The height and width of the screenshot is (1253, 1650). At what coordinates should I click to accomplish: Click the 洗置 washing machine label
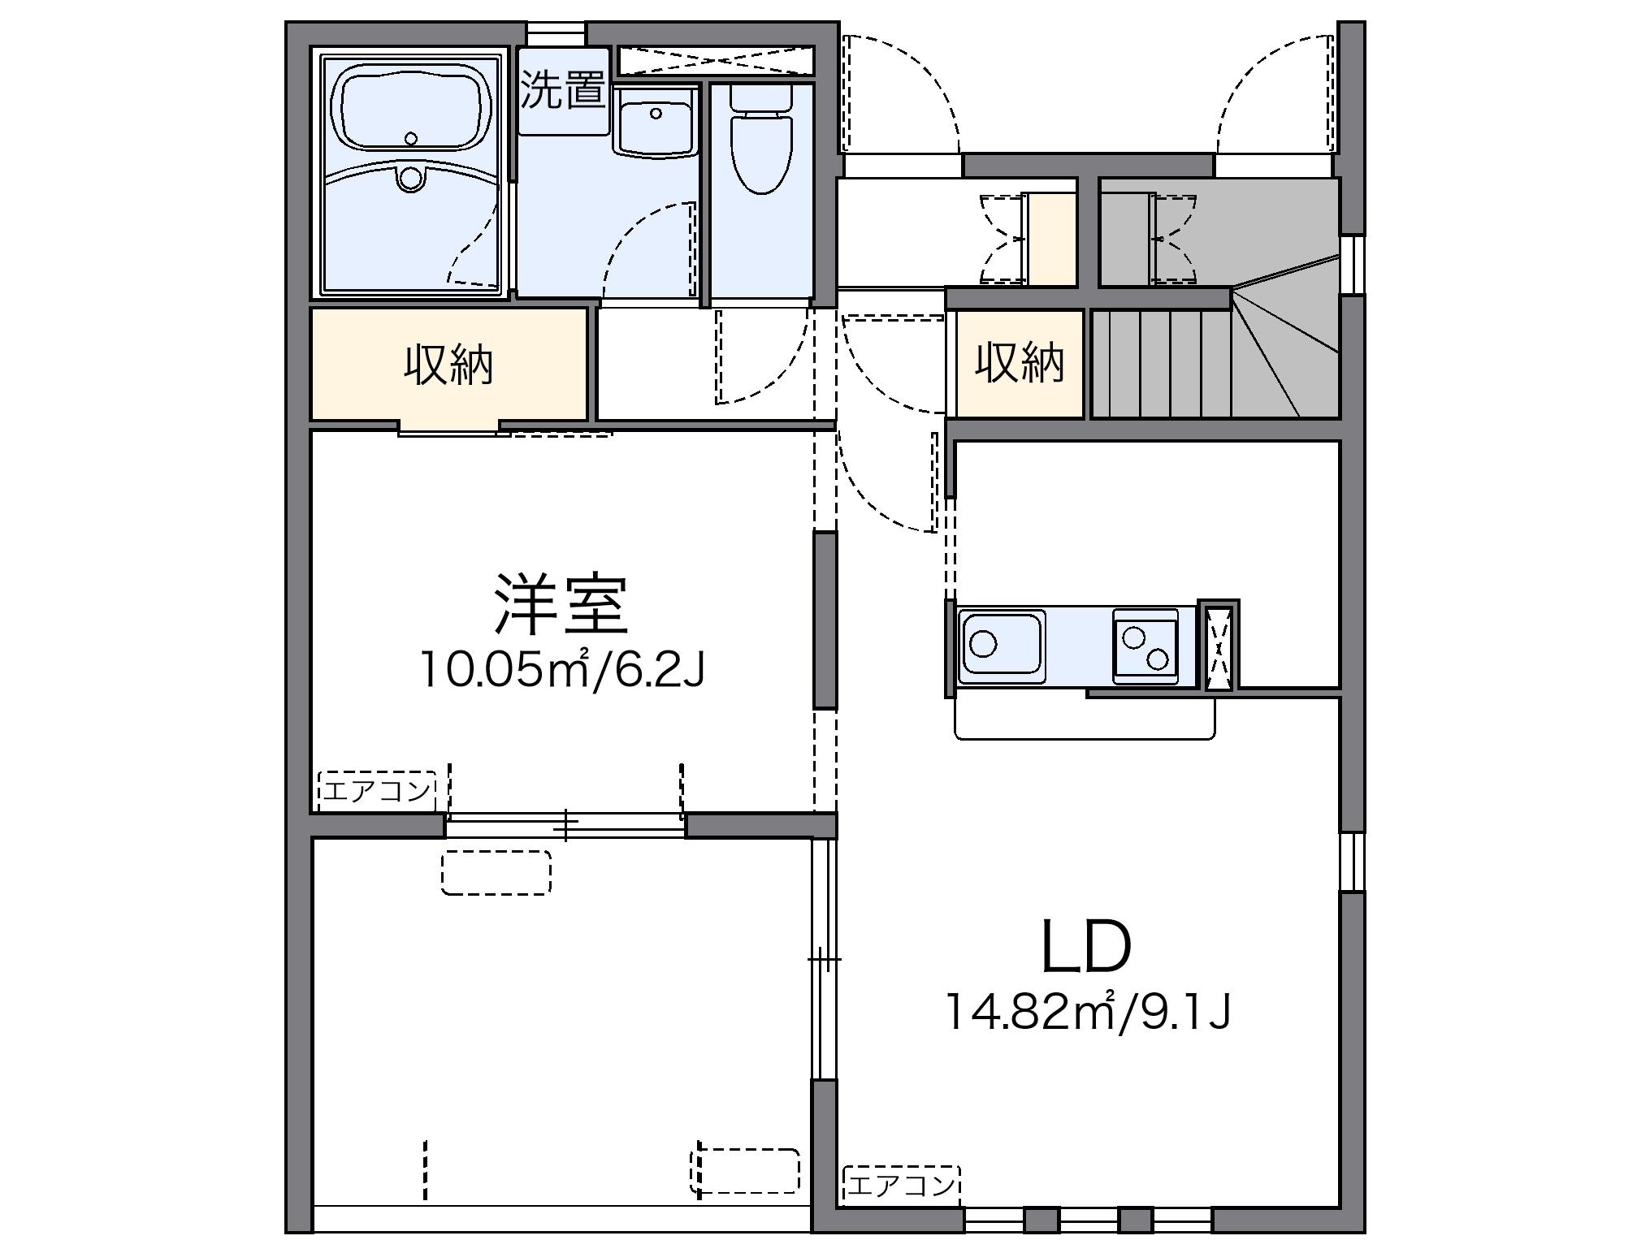563,90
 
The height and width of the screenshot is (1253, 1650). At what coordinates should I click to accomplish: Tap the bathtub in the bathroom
412,111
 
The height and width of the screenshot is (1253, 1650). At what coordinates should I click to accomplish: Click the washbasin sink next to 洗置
655,122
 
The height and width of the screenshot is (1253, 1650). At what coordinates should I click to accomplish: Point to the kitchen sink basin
1002,646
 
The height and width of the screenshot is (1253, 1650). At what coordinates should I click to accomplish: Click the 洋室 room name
561,605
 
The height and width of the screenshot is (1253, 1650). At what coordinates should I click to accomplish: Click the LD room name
1086,948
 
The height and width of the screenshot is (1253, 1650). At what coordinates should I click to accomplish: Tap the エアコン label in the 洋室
376,790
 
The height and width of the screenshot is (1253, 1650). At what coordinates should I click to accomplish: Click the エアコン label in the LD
901,1186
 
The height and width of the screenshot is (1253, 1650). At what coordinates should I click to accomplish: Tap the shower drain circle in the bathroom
411,178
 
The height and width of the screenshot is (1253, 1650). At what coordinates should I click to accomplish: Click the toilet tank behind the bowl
760,97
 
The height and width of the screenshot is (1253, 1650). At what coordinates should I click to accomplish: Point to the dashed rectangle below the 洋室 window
496,872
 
